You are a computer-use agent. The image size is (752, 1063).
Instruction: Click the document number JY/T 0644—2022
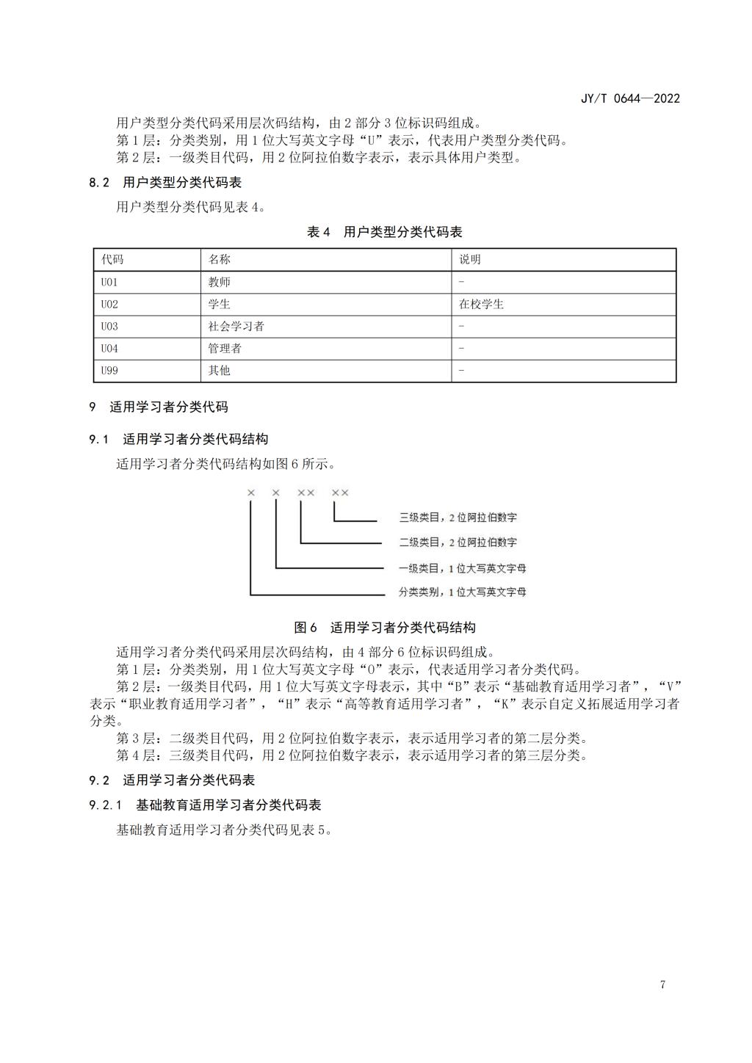click(x=630, y=98)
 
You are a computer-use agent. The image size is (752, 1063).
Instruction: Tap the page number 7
click(x=662, y=984)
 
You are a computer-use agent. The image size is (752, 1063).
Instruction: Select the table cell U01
click(x=109, y=282)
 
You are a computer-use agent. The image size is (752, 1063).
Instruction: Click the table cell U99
click(x=109, y=371)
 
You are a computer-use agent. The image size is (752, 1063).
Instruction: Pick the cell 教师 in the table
click(x=220, y=282)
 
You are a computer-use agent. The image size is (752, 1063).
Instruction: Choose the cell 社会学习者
click(x=236, y=326)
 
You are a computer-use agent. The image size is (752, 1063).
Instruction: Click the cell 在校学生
click(x=482, y=304)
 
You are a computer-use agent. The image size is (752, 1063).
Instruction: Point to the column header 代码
click(x=112, y=260)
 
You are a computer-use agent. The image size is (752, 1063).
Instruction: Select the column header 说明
click(x=470, y=260)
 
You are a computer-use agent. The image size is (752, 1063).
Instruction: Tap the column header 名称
click(x=220, y=260)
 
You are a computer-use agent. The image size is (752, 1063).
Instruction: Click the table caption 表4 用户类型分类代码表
click(x=384, y=232)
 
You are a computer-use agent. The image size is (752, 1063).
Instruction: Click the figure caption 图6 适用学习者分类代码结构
click(x=384, y=628)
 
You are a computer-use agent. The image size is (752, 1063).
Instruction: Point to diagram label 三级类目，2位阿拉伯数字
click(x=458, y=518)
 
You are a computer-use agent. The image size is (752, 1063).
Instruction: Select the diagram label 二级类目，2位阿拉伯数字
click(x=458, y=543)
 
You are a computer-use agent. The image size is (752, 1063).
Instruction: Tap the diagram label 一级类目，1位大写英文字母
click(x=462, y=567)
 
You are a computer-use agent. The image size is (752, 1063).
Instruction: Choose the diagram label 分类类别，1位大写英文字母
click(x=462, y=592)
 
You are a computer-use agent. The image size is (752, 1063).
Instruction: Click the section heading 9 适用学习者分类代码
click(x=159, y=407)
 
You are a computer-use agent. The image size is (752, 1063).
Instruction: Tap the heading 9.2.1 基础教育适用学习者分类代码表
click(x=206, y=805)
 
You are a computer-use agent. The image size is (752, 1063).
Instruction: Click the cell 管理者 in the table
click(x=225, y=349)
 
